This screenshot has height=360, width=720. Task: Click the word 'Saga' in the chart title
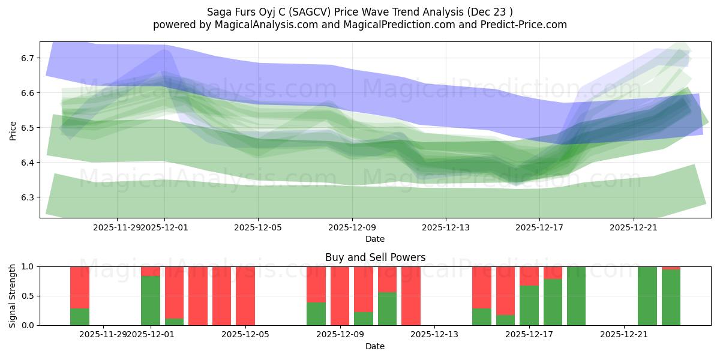tap(220, 11)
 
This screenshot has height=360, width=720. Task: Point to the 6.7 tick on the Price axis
tap(28, 58)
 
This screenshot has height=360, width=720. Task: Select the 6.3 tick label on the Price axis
tap(28, 197)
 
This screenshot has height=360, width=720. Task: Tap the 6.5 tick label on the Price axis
tap(28, 128)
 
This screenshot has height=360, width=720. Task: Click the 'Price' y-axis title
tap(13, 130)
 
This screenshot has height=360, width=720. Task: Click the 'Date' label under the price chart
tap(375, 239)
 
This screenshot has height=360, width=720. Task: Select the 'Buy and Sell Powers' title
tap(375, 257)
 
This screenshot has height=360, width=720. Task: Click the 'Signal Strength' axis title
tap(13, 296)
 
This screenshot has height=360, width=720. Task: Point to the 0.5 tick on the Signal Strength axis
tap(28, 296)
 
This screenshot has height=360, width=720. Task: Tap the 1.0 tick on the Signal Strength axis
tap(28, 266)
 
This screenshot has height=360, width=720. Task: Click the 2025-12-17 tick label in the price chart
tap(539, 227)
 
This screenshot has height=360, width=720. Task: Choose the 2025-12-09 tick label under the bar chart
tap(340, 335)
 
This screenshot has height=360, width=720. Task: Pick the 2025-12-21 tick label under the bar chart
tap(624, 335)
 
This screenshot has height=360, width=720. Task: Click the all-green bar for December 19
tap(576, 296)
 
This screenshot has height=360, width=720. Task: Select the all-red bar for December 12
tap(411, 296)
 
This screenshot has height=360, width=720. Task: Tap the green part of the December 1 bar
tap(151, 301)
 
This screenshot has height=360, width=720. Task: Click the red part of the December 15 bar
tap(482, 287)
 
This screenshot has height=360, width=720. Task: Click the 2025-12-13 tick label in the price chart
tap(445, 227)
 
